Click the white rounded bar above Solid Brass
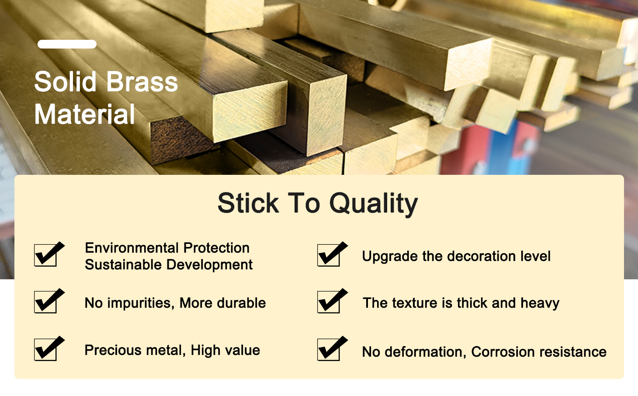(x=67, y=44)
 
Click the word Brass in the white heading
(x=142, y=82)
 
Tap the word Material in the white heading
(x=84, y=114)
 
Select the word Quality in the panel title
(x=374, y=204)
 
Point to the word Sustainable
(x=123, y=265)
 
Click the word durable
(x=241, y=303)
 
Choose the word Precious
(x=113, y=350)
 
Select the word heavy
(x=540, y=303)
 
